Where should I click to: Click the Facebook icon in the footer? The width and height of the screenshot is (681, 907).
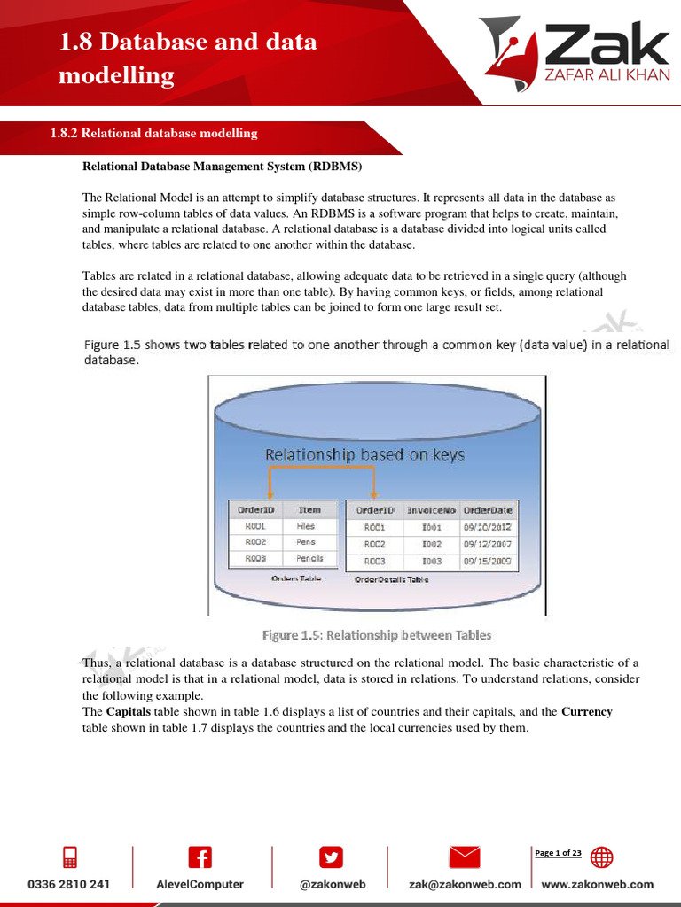point(200,857)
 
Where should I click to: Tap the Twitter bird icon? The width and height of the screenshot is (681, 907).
point(330,857)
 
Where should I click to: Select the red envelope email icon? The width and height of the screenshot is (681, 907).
point(465,857)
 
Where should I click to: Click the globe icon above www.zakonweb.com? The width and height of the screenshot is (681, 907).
point(601,857)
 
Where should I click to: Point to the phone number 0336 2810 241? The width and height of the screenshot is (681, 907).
point(69,884)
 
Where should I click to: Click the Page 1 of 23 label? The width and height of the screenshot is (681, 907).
point(558,853)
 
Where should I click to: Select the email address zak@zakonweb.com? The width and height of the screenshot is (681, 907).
point(465,884)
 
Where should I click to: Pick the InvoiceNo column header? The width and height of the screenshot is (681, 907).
point(431,510)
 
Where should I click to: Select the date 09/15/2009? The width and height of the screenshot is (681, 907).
point(488,561)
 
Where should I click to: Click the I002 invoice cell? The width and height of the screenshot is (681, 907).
point(431,544)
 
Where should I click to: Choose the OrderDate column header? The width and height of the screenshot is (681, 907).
point(488,510)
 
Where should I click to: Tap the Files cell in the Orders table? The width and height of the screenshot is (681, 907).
point(306,526)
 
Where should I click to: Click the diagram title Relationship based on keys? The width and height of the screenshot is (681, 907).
point(364,455)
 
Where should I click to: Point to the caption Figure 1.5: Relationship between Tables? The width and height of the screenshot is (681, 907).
point(377,635)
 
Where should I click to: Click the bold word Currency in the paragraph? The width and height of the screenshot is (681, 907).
point(586,711)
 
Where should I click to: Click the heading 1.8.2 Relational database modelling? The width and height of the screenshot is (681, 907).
point(153,134)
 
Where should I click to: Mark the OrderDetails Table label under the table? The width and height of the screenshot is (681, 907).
point(391,579)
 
